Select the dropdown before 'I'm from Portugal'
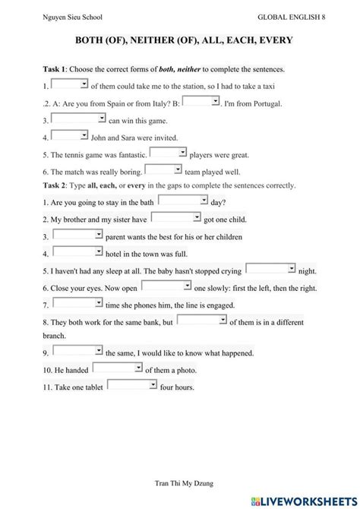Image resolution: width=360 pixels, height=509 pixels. point(201,100)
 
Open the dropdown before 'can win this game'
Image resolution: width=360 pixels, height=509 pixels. point(79,119)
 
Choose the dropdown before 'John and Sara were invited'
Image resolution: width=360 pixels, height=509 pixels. point(70,136)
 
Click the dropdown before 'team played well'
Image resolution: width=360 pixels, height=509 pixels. point(163,169)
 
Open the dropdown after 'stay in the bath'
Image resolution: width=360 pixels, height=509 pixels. point(183,201)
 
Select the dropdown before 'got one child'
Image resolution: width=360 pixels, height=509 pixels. point(175,218)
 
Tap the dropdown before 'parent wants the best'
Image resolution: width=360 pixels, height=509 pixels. point(77,236)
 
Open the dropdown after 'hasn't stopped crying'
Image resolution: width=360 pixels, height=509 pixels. point(270,269)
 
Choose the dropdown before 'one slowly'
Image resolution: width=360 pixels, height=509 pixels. point(166,286)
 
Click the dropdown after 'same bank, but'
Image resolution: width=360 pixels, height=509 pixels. point(202,321)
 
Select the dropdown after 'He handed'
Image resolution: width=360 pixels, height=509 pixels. point(118,368)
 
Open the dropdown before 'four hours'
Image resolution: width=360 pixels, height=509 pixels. point(131,385)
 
